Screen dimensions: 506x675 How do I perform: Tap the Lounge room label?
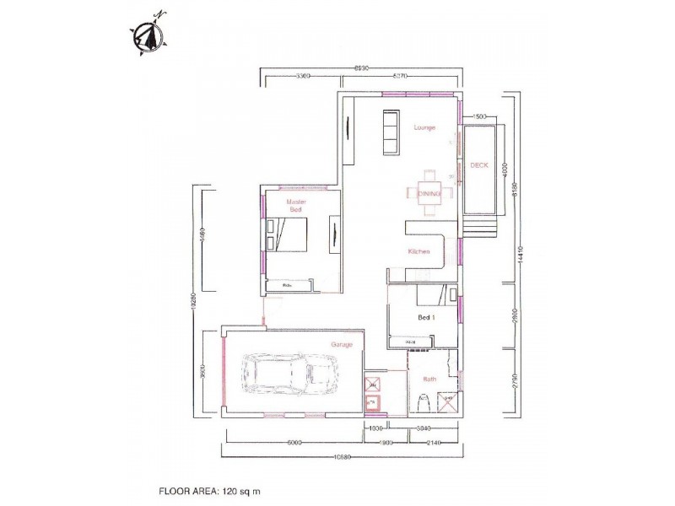pos(424,127)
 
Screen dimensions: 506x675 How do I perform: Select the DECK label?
pos(478,165)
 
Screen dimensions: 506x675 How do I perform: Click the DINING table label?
pos(429,193)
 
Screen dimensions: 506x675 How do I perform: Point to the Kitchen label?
pos(419,252)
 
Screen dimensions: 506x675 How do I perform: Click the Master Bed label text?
pos(295,206)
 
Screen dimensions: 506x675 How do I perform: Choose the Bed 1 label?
pos(427,317)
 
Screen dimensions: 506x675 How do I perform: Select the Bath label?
pos(429,379)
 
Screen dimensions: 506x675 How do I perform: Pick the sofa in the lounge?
pos(391,132)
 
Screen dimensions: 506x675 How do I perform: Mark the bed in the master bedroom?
pos(287,233)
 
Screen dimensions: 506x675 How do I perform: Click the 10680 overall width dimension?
pos(342,457)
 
